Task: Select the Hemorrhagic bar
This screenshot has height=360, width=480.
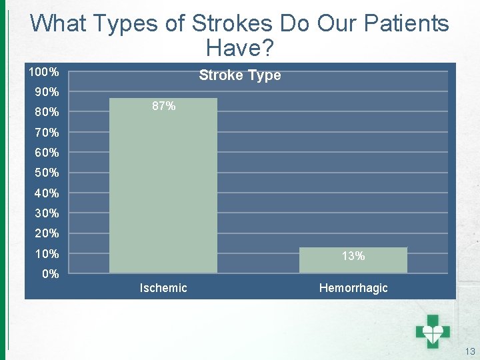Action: pos(353,261)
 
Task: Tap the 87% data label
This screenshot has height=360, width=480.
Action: pos(163,106)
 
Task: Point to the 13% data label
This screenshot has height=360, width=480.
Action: pos(353,256)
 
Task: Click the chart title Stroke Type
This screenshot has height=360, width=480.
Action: pos(240,75)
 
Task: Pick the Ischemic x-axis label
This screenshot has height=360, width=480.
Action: pos(163,288)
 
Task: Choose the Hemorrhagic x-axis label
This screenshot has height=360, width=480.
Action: pos(353,288)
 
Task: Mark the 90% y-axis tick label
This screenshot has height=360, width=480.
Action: pos(47,91)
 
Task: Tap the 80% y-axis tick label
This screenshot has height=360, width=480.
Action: pos(47,112)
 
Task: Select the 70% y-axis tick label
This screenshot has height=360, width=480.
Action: pos(47,132)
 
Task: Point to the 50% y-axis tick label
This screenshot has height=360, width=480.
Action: pos(47,173)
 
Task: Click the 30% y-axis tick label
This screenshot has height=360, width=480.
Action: pos(47,213)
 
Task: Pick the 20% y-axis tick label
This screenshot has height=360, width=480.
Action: pos(47,233)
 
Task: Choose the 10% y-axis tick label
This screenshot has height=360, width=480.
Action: pos(47,254)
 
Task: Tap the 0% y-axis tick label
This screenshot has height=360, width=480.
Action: pos(50,274)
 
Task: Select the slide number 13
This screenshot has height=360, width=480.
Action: pos(470,351)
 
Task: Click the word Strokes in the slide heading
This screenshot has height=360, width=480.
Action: pos(232,24)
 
